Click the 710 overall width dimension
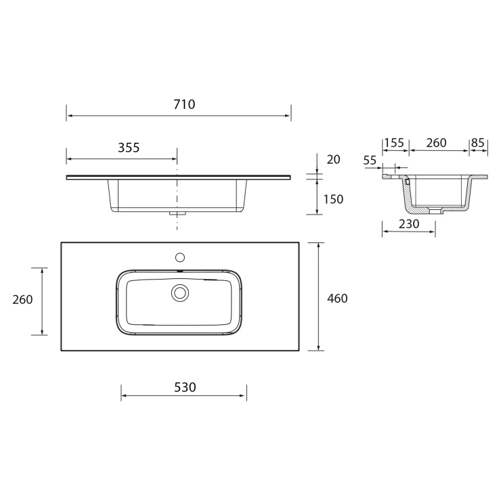pos(184,104)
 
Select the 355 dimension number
pos(129,148)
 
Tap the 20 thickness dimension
pos(333,159)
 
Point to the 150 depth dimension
pos(333,199)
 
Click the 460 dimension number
pos(337,299)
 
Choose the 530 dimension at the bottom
pos(185,387)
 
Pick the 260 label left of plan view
pos(23,300)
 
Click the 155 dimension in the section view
pos(394,143)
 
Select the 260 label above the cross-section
pos(436,143)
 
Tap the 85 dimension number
pos(478,143)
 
